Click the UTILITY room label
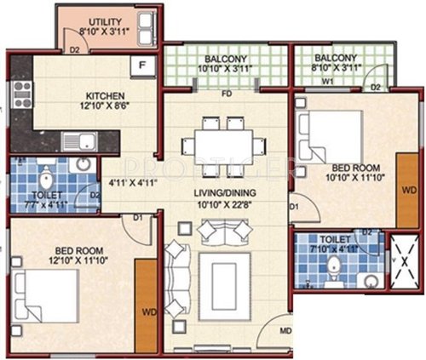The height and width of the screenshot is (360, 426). coord(98,20)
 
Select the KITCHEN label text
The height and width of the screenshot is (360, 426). coord(105,94)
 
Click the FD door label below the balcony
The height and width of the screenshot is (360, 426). coord(227,93)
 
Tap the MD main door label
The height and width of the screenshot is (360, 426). coord(285,330)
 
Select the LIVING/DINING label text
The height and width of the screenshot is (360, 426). coord(225,193)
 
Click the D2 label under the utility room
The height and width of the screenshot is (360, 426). coord(75,49)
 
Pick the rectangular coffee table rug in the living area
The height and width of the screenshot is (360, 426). coord(223,288)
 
